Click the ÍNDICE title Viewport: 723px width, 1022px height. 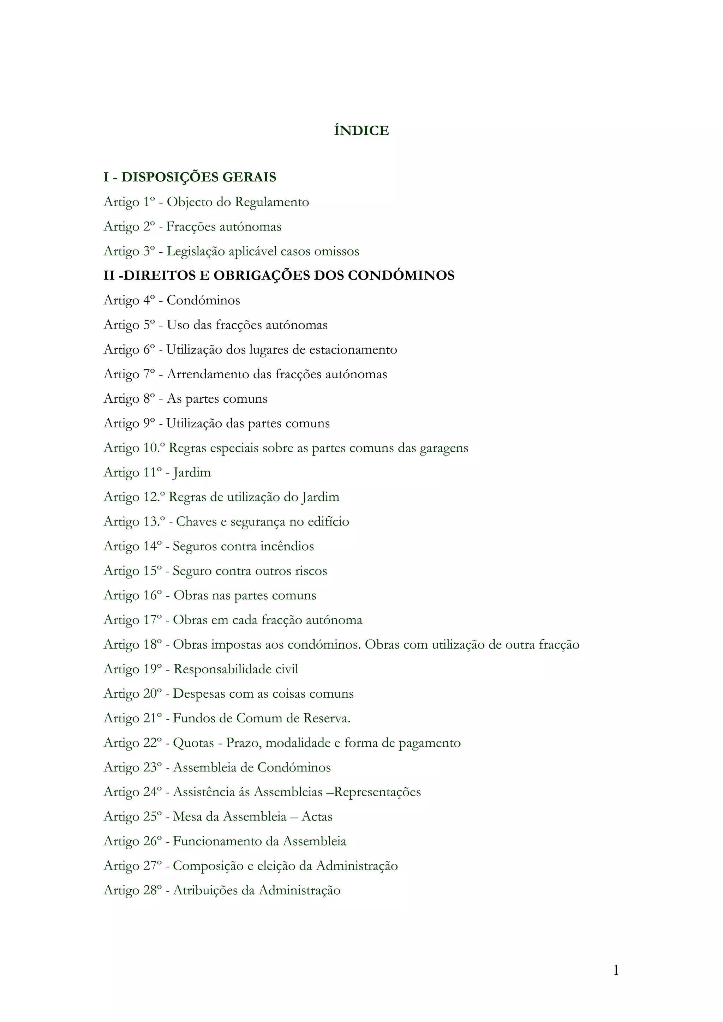tap(361, 131)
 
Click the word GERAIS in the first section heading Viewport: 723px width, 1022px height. tap(249, 177)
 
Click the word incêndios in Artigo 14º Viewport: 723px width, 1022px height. tap(287, 546)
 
